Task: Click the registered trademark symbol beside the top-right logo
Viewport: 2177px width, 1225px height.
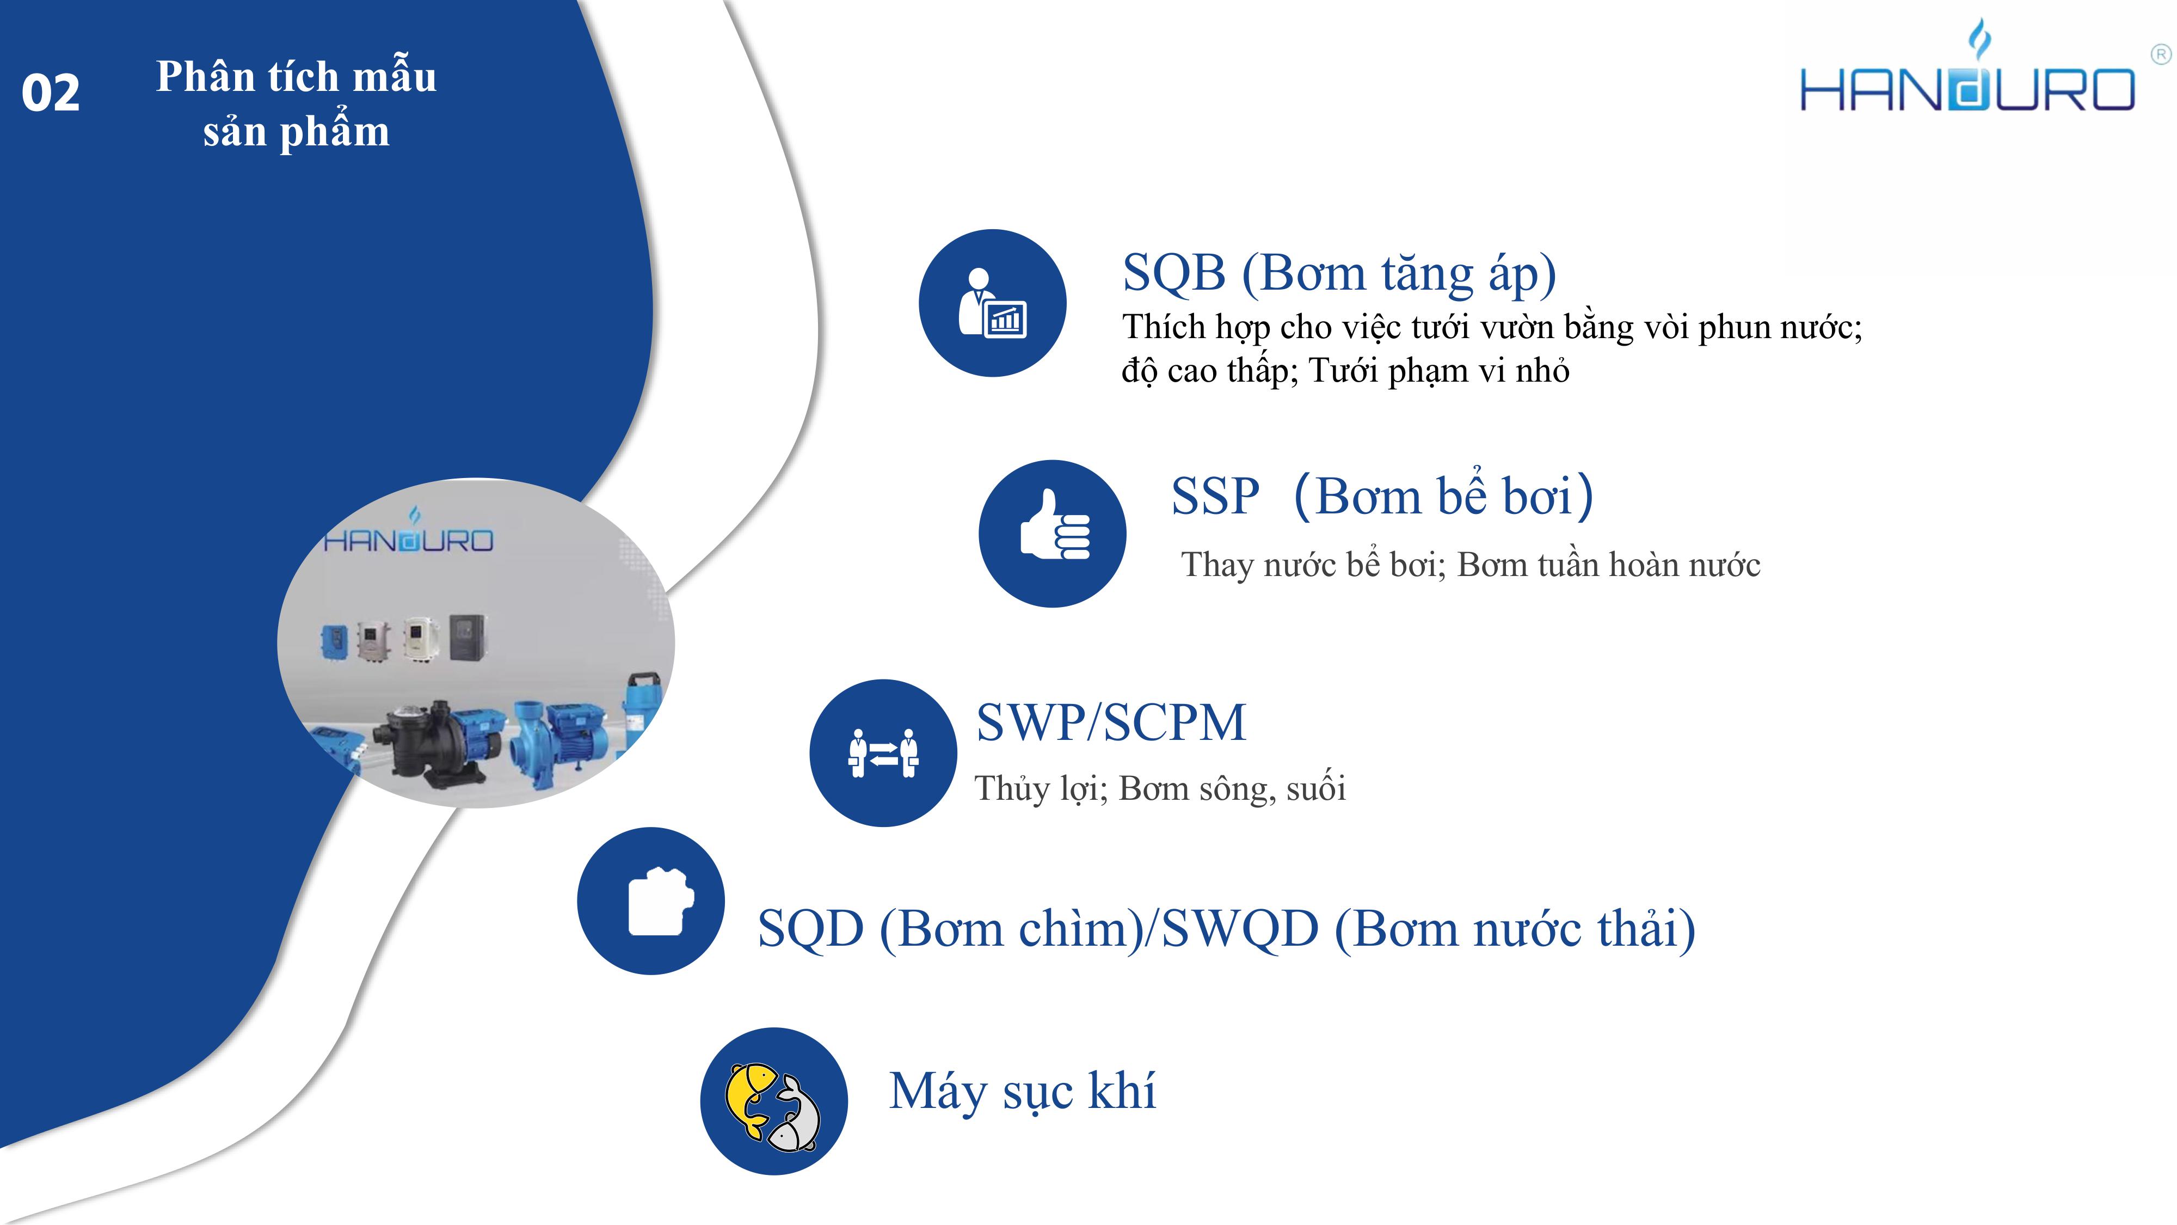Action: (x=2160, y=56)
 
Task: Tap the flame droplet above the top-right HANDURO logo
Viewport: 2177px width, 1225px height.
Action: (x=1980, y=41)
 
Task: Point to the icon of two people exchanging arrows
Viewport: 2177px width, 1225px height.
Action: (x=883, y=752)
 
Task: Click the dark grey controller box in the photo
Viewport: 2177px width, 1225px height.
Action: (x=468, y=636)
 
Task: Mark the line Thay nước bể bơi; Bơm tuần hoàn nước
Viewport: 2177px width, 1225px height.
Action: (x=1471, y=565)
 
